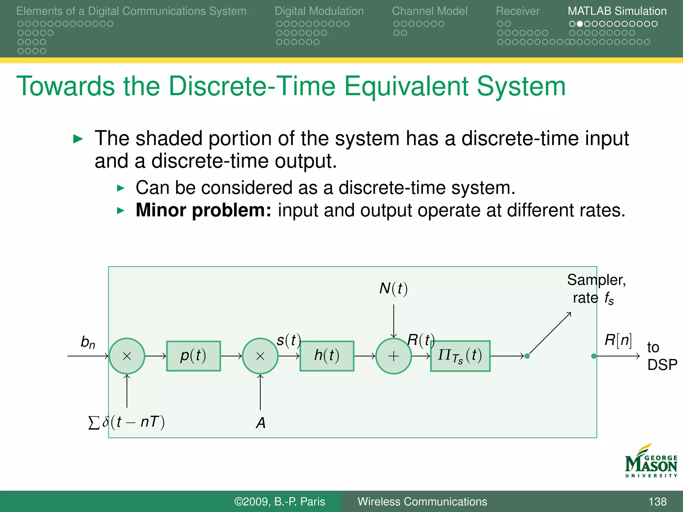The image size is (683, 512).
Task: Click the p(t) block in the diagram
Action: pyautogui.click(x=193, y=356)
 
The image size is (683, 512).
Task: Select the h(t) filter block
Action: pyautogui.click(x=327, y=356)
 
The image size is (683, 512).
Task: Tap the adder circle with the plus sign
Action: pyautogui.click(x=394, y=356)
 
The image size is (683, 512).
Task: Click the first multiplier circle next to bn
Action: pyautogui.click(x=127, y=356)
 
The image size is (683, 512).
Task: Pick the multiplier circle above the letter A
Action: pyautogui.click(x=260, y=356)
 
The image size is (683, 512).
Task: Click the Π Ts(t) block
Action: pyautogui.click(x=460, y=356)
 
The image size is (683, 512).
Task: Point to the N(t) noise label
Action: pyautogui.click(x=394, y=288)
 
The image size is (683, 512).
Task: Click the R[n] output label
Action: pyautogui.click(x=618, y=340)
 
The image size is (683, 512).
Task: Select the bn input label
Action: pyautogui.click(x=88, y=342)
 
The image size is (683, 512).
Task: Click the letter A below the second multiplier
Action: pyautogui.click(x=261, y=423)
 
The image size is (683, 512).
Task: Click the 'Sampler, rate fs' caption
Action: pyautogui.click(x=596, y=289)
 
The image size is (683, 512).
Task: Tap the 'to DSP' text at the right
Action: pyautogui.click(x=662, y=356)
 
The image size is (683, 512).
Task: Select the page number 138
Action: pyautogui.click(x=657, y=501)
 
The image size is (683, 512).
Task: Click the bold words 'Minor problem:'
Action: pyautogui.click(x=203, y=210)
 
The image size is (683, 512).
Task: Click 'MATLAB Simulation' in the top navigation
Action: pyautogui.click(x=617, y=11)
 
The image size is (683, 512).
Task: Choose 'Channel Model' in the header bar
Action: pyautogui.click(x=430, y=11)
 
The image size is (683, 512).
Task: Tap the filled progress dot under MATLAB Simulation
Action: pyautogui.click(x=580, y=24)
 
